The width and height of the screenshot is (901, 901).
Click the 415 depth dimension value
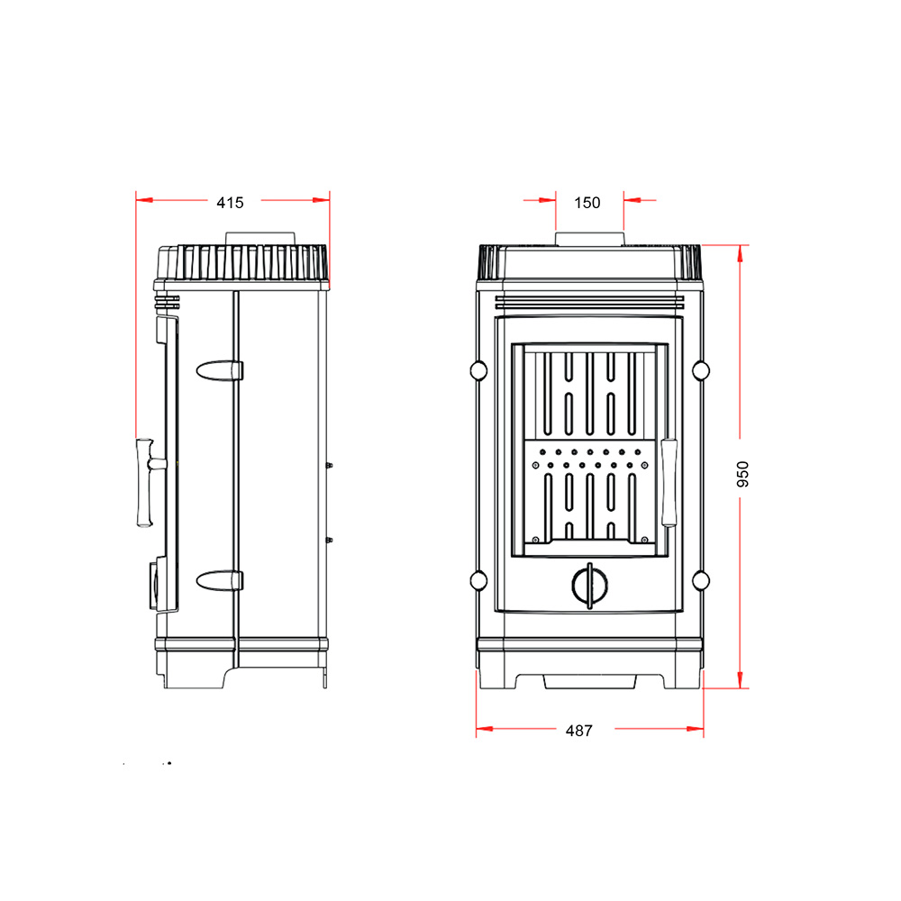click(x=230, y=203)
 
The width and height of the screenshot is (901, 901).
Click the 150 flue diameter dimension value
click(x=587, y=203)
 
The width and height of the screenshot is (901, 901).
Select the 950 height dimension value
click(x=742, y=474)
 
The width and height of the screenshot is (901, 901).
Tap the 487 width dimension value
click(x=578, y=731)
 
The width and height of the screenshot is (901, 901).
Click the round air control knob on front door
click(x=589, y=586)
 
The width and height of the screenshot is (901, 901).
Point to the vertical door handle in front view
click(x=669, y=483)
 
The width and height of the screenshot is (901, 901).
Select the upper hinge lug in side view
click(x=220, y=370)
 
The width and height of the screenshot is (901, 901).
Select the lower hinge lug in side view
click(x=220, y=580)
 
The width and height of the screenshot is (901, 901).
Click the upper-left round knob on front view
click(x=478, y=370)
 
